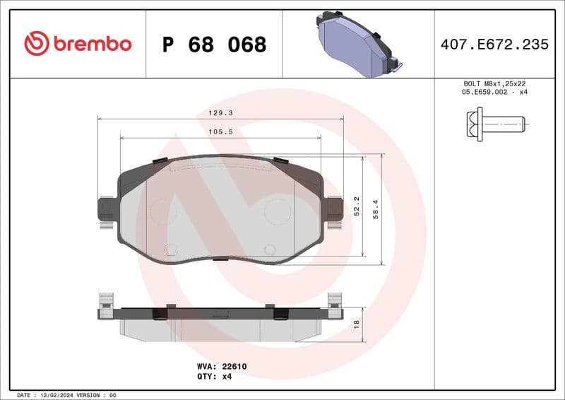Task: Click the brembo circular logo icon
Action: [37, 44]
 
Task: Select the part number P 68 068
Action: [214, 45]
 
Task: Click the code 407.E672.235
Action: [494, 45]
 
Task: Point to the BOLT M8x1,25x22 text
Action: [494, 83]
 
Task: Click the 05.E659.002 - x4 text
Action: [494, 93]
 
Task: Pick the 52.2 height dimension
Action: [357, 207]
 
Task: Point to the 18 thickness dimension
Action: [357, 323]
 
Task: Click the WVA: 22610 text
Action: [221, 367]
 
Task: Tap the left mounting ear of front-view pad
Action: [106, 209]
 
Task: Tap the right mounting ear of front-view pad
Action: [333, 209]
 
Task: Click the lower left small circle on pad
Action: [169, 249]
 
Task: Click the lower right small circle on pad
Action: [269, 249]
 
